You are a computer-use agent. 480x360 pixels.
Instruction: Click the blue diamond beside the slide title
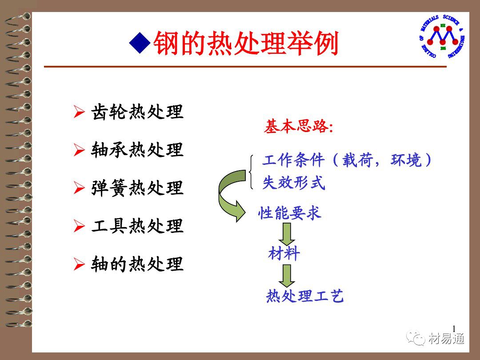(140, 43)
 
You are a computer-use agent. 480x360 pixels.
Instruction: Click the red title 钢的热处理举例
(246, 43)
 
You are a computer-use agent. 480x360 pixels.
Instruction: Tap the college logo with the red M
(442, 36)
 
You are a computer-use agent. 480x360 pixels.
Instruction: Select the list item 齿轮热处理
(137, 112)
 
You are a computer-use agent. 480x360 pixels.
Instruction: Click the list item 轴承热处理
(137, 150)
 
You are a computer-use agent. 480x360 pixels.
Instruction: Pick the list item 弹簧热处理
(137, 188)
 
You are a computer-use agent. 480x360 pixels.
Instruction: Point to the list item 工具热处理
(137, 226)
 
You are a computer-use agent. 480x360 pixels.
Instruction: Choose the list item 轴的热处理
(137, 264)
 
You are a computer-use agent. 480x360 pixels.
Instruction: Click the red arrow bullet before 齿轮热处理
(79, 112)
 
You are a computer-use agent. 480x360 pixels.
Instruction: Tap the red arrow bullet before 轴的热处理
(79, 264)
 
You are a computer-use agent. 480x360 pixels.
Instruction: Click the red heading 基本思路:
(299, 126)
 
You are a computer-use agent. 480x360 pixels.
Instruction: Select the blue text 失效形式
(294, 183)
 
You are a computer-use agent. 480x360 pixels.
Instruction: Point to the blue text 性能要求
(290, 213)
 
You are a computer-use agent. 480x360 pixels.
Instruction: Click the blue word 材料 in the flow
(284, 254)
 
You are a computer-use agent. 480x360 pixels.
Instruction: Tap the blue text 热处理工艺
(304, 296)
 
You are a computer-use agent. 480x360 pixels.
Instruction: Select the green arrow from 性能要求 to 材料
(287, 234)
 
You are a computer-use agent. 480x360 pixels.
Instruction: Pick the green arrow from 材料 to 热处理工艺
(287, 276)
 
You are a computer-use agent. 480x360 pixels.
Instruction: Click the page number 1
(454, 328)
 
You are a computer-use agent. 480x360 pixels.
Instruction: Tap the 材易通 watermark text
(446, 339)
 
